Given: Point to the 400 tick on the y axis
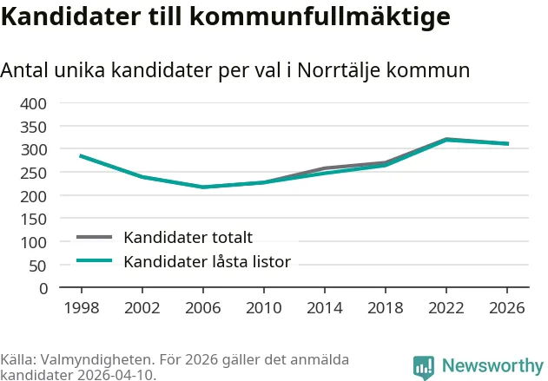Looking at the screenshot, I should tap(34, 103).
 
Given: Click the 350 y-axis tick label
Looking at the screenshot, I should tap(34, 127).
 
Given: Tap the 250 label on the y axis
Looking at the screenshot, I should tap(34, 173).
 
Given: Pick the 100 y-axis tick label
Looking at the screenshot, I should tap(34, 242).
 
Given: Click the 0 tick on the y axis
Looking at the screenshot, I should tap(43, 288).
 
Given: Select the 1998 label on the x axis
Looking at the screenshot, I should tap(81, 308).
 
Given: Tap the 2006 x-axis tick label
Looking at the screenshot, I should tap(202, 308).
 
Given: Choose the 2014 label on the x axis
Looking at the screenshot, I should tap(324, 308).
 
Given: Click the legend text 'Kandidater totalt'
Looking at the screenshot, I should tap(188, 237).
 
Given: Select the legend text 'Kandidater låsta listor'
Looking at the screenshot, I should tap(207, 261).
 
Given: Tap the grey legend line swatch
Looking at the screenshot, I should tap(95, 237).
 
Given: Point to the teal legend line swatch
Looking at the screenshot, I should tap(95, 261).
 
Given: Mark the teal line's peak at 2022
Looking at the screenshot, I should tap(446, 140).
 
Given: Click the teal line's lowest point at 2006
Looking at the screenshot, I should tap(202, 187).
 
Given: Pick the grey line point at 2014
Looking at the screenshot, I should tap(324, 168).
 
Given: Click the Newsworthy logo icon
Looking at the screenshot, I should tap(424, 367).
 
